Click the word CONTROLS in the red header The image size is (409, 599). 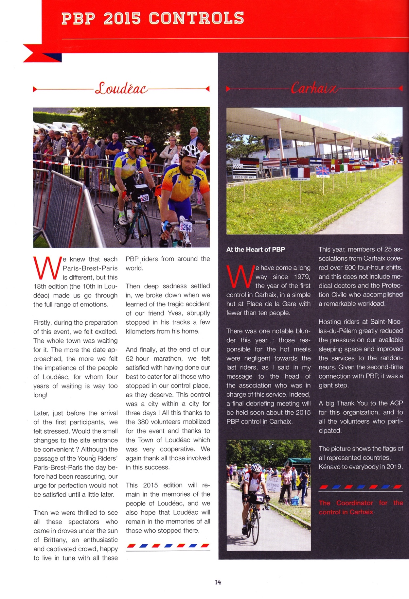pyautogui.click(x=196, y=18)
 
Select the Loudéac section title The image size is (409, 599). pyautogui.click(x=121, y=88)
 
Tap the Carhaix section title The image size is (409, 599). pyautogui.click(x=314, y=88)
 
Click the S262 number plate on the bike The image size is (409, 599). pyautogui.click(x=144, y=198)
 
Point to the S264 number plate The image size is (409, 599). pyautogui.click(x=185, y=227)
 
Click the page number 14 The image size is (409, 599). pyautogui.click(x=218, y=582)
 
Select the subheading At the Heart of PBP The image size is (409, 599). pyautogui.click(x=256, y=249)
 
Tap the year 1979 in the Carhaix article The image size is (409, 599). pyautogui.click(x=302, y=277)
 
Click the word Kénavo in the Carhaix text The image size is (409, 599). pyautogui.click(x=329, y=467)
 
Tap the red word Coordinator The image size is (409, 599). pyautogui.click(x=355, y=503)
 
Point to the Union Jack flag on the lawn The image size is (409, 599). pyautogui.click(x=322, y=171)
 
